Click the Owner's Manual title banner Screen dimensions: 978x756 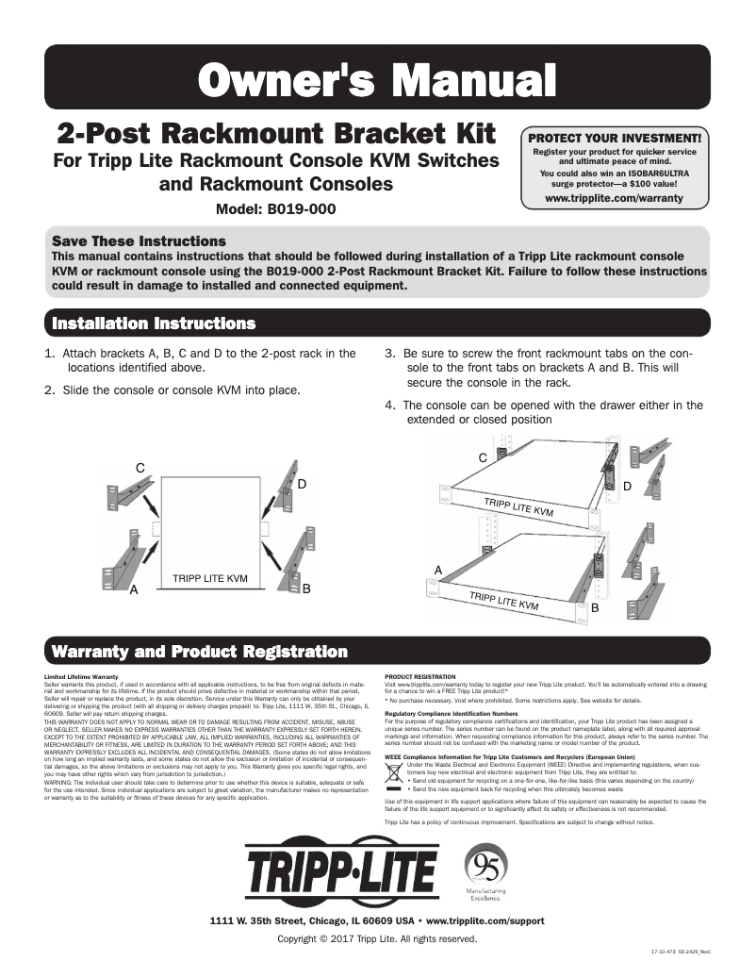[x=377, y=76]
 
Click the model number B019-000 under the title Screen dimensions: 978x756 [x=275, y=209]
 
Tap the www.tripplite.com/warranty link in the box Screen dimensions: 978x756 [x=614, y=199]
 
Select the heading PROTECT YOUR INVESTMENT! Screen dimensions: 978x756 [x=614, y=138]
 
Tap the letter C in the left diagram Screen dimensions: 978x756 [x=140, y=468]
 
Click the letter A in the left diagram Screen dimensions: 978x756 [x=134, y=589]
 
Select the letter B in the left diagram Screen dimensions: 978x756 [x=306, y=588]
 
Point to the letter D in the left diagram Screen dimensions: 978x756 [x=302, y=484]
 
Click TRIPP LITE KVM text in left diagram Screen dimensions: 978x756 [x=210, y=577]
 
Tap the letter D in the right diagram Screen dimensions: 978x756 [x=627, y=486]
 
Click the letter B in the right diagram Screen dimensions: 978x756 [x=594, y=609]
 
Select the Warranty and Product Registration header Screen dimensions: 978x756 [x=199, y=652]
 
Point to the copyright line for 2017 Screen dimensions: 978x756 [x=377, y=939]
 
